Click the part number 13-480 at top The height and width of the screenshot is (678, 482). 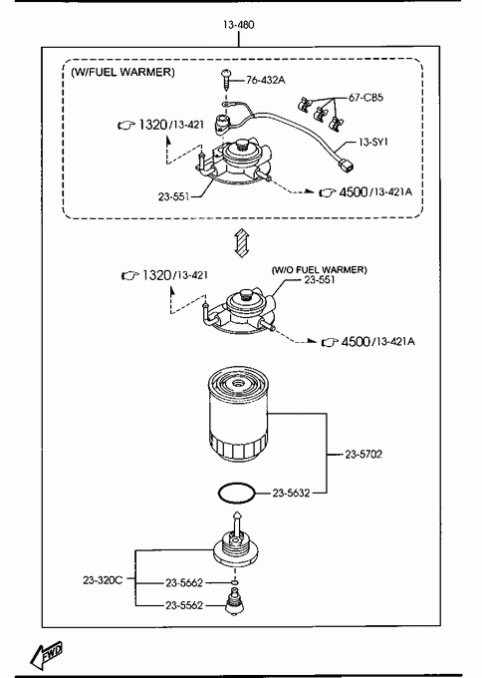click(x=238, y=25)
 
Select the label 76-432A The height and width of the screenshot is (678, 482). click(x=266, y=80)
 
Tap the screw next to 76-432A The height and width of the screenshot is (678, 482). click(x=226, y=79)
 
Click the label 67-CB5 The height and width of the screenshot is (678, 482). click(x=365, y=98)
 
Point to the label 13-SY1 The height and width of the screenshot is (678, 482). click(x=373, y=142)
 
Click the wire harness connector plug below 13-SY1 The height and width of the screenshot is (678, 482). click(x=347, y=165)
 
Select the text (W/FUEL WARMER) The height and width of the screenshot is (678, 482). click(x=123, y=72)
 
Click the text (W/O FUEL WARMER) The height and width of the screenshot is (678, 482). click(x=319, y=270)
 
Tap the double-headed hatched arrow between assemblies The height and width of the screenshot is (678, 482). click(x=242, y=242)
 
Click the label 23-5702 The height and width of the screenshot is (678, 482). click(x=363, y=454)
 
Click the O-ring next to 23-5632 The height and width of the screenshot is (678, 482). click(x=237, y=493)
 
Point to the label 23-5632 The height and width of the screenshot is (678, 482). click(x=291, y=493)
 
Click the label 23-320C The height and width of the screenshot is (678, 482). click(x=103, y=580)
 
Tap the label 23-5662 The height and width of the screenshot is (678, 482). click(x=184, y=583)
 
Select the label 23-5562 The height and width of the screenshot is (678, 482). click(x=184, y=605)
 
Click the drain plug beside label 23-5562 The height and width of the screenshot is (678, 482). click(x=235, y=603)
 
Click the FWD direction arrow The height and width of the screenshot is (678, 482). click(x=47, y=653)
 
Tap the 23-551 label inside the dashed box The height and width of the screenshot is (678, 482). click(x=173, y=196)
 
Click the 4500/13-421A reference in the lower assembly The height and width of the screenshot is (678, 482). click(x=368, y=342)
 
